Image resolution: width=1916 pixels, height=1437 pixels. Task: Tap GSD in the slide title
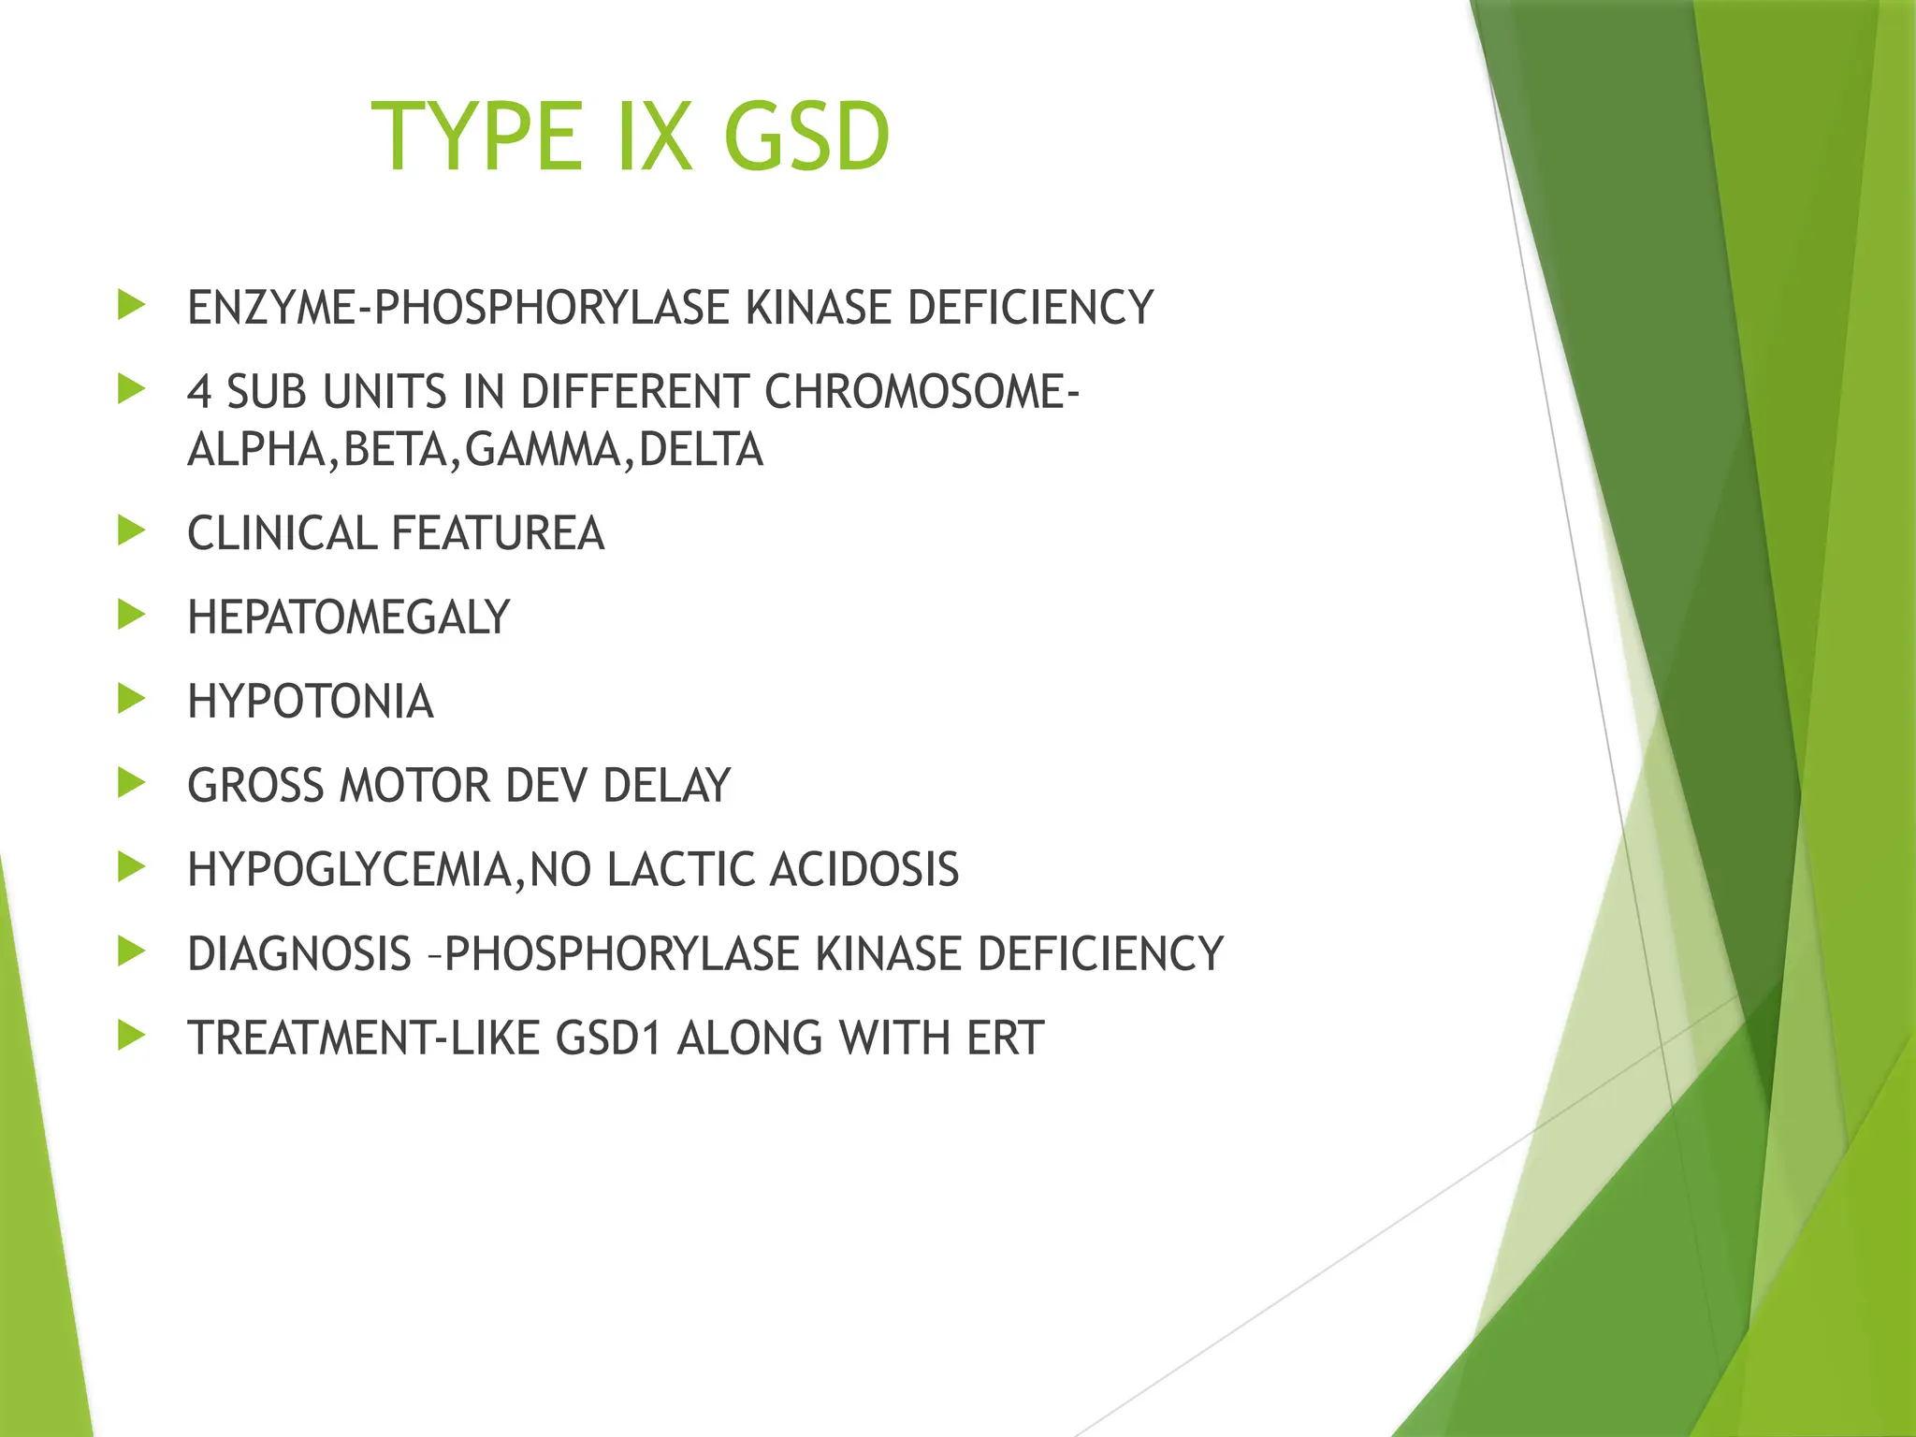[806, 138]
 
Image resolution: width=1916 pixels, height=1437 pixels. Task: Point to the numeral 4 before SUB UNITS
[198, 392]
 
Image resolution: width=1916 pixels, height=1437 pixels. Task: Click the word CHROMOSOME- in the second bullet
[922, 392]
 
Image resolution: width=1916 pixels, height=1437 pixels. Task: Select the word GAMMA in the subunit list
[543, 450]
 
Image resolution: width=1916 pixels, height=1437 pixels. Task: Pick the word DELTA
[702, 450]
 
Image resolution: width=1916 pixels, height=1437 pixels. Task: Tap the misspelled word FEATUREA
[498, 533]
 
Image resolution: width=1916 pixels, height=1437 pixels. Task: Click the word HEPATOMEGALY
[348, 617]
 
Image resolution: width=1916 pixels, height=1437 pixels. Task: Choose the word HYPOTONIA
[311, 702]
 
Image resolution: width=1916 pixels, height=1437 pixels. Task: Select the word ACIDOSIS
[864, 870]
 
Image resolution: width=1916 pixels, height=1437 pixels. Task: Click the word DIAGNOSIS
[299, 954]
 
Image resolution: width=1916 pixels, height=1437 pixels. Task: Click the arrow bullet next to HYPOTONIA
[132, 699]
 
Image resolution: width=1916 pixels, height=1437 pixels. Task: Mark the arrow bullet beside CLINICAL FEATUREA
[132, 530]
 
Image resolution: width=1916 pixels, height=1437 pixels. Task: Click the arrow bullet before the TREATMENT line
[132, 1036]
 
